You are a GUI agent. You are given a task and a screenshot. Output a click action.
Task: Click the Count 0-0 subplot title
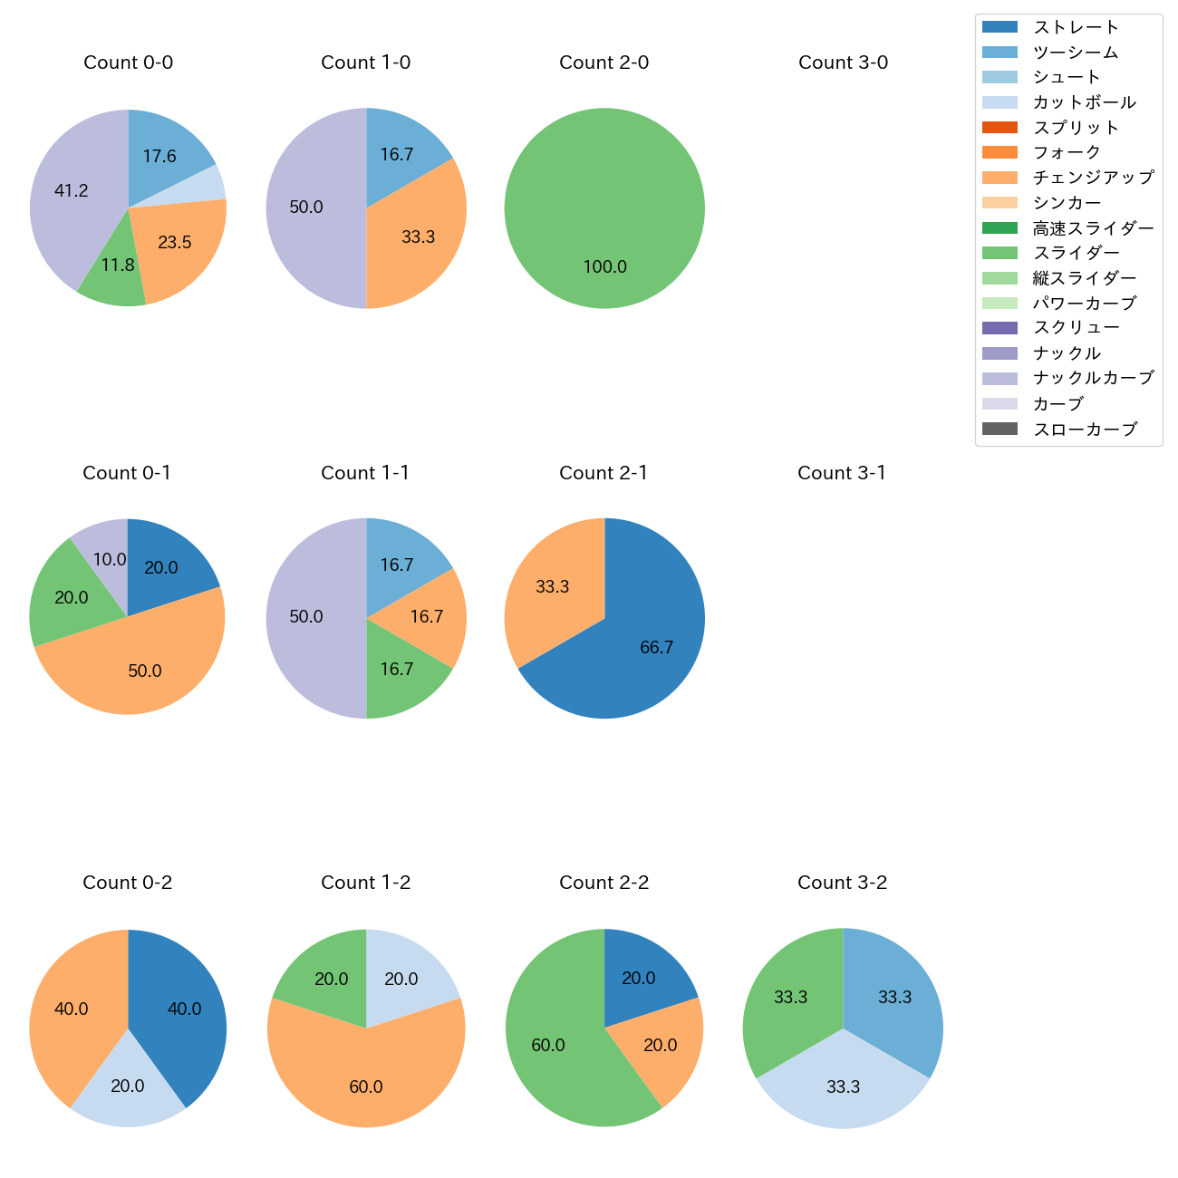coord(128,63)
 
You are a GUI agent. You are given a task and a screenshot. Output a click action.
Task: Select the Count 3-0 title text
coord(843,63)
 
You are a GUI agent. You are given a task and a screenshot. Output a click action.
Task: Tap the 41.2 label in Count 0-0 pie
coord(72,190)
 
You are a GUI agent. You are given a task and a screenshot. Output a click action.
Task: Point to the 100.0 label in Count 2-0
coord(604,266)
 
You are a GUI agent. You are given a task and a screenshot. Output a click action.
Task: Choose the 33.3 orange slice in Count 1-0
coord(418,237)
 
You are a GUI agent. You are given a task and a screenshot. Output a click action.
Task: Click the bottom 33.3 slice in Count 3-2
coord(843,1086)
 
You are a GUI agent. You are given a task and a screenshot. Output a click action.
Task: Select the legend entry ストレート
coord(1076,27)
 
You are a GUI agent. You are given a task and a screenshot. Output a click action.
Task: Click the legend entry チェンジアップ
coord(1093,178)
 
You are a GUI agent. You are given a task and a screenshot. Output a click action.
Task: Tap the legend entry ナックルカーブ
coord(1093,378)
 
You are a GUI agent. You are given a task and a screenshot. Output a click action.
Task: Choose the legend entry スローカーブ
coord(1085,429)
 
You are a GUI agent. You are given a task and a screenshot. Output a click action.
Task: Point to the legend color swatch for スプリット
coord(999,128)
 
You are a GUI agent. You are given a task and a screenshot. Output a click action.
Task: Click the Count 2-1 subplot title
coord(603,473)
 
